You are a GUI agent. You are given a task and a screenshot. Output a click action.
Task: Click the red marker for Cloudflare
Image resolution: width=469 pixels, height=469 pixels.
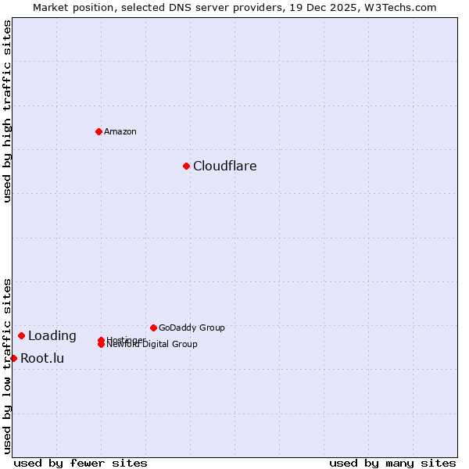(186, 166)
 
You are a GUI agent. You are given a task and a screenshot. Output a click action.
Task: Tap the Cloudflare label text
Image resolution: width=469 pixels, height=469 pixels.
(225, 166)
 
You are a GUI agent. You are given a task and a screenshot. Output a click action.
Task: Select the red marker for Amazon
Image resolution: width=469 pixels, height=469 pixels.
(98, 131)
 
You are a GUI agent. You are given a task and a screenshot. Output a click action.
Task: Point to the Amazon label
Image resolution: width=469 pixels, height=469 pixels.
(120, 131)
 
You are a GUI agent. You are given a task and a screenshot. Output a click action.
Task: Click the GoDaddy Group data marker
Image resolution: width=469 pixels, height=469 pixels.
(153, 328)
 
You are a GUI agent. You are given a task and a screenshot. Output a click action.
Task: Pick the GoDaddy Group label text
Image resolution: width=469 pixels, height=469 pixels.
(192, 328)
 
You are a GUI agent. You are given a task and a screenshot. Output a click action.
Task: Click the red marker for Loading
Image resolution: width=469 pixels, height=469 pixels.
(21, 335)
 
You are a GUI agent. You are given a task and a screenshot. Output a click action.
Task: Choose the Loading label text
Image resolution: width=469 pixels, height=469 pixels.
(52, 336)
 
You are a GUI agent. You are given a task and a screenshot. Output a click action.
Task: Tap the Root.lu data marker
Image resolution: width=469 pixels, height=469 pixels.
(13, 358)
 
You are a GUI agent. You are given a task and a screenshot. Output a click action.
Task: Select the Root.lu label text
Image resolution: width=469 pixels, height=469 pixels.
(42, 359)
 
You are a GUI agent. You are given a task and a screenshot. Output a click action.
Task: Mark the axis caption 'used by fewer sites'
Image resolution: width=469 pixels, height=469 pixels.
(81, 463)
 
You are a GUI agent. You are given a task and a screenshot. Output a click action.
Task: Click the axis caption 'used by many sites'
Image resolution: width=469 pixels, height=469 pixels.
(392, 463)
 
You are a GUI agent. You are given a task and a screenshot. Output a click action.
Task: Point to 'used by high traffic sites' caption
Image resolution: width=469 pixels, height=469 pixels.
(7, 111)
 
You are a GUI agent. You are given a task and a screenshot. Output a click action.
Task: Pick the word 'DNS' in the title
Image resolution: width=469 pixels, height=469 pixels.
(163, 7)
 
